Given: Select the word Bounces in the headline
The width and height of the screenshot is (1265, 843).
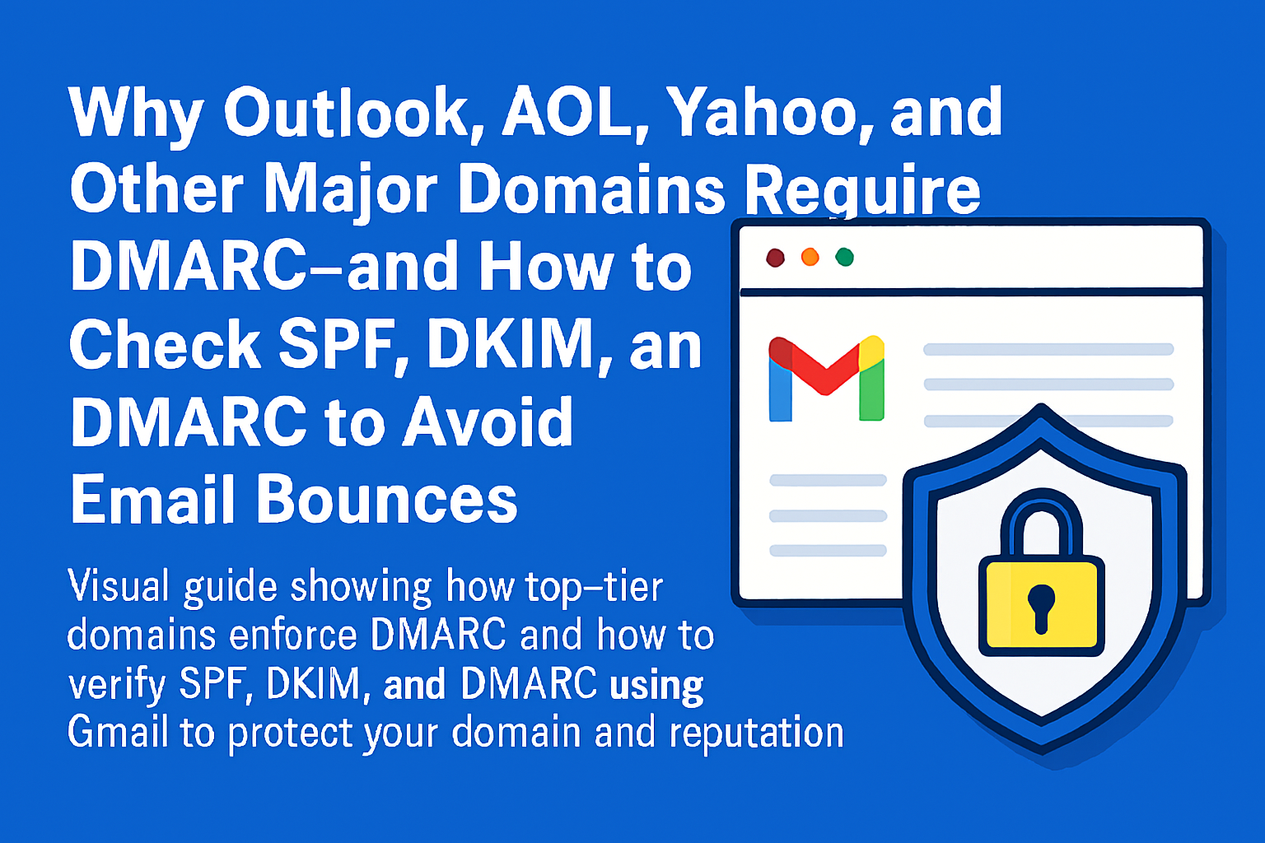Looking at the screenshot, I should click(387, 499).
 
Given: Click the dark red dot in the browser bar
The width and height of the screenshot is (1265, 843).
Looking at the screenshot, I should click(775, 258).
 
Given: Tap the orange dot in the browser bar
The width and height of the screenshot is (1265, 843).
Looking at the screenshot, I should click(810, 258).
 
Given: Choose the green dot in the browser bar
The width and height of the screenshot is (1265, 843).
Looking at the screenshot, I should click(844, 258).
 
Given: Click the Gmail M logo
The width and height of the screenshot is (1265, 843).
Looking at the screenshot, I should click(826, 379).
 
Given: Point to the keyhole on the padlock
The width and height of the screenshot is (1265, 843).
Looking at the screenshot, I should click(1041, 606).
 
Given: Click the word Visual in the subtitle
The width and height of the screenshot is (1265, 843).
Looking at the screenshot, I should click(119, 586).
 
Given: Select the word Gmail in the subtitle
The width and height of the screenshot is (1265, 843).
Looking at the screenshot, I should click(117, 732).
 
